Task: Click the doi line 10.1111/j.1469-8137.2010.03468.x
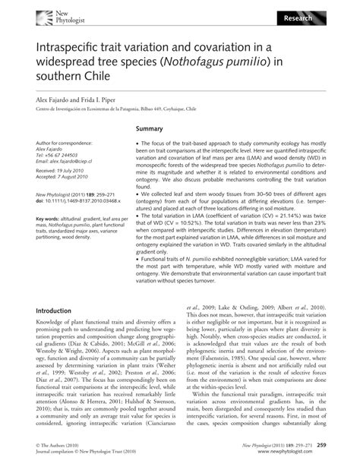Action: pos(79,200)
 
